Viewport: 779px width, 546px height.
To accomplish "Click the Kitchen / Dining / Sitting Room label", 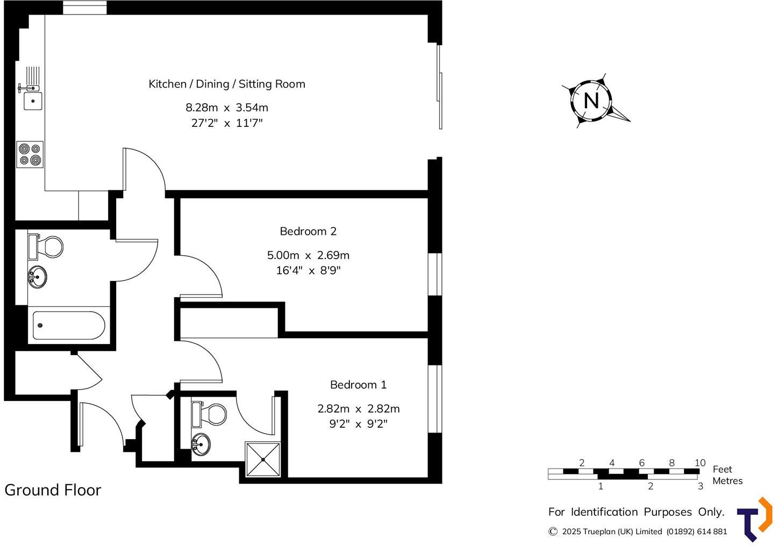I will [226, 84].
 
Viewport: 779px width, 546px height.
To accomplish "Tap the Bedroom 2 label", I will [308, 231].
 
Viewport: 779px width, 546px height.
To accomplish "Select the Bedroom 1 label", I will [358, 385].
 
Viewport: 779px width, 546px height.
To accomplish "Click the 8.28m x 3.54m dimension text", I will [226, 107].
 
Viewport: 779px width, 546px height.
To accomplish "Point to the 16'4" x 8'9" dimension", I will [308, 270].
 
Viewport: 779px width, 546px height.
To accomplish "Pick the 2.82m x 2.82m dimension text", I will [358, 408].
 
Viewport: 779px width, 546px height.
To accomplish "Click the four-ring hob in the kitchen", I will [30, 154].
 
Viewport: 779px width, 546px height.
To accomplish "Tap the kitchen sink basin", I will [33, 100].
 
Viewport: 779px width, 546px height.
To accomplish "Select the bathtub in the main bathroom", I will [68, 326].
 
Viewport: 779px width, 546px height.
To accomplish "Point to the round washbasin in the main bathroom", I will [37, 277].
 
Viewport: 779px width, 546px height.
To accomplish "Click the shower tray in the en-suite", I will [263, 459].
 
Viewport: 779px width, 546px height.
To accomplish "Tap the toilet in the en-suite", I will [212, 414].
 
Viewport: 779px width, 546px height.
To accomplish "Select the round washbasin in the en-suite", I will [201, 444].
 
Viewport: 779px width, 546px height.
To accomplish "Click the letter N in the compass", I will [591, 100].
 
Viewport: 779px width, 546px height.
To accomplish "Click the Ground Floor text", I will [53, 490].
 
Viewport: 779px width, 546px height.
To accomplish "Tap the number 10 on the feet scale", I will [699, 463].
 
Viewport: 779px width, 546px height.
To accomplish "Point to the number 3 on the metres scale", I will [700, 486].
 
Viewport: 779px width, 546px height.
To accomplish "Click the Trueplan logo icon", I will [755, 519].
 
